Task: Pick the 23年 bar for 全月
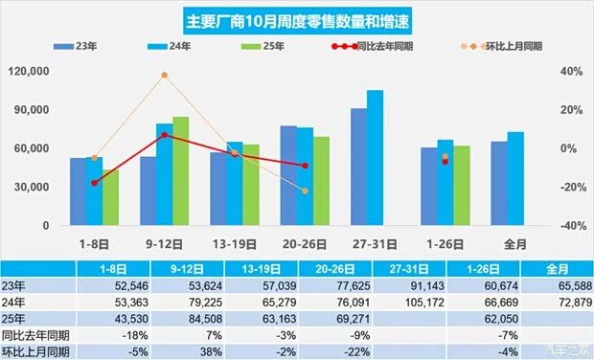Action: [x=498, y=183]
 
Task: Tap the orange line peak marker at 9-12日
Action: [x=164, y=75]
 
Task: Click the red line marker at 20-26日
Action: [x=305, y=166]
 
